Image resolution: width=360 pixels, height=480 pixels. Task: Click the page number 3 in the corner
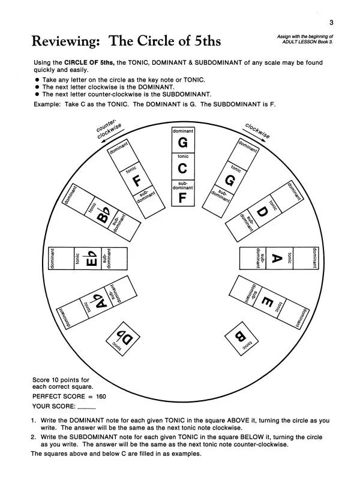pos(331,23)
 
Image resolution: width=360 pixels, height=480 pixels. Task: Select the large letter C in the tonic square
pos(184,169)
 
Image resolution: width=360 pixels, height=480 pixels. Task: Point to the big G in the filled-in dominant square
pos(184,144)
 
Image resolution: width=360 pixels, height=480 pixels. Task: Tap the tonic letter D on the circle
pos(262,213)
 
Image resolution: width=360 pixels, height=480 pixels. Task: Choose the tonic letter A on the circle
pos(277,258)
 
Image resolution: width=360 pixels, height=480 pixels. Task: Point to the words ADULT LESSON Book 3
pos(307,41)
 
